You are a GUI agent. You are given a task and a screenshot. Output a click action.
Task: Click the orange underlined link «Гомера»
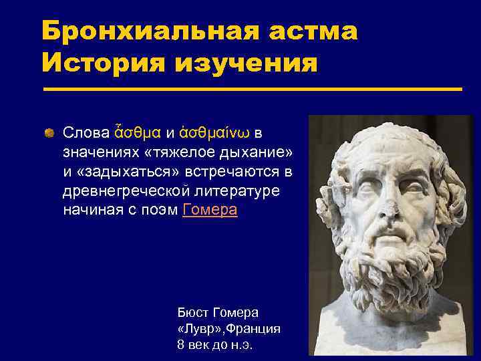pyautogui.click(x=210, y=210)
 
